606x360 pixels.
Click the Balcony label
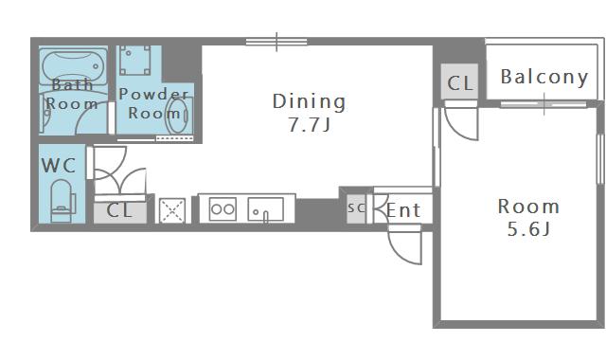tap(544, 77)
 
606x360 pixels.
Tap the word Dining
tap(310, 101)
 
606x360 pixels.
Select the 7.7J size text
tap(310, 124)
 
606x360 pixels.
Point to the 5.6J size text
tap(528, 229)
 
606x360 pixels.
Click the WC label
tap(59, 166)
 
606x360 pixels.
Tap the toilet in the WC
tap(62, 201)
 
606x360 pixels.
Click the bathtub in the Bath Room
tap(74, 66)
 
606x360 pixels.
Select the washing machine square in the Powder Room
tap(134, 60)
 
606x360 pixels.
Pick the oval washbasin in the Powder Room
tap(177, 116)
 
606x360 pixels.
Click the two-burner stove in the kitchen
tap(223, 209)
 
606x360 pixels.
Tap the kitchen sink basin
tap(265, 209)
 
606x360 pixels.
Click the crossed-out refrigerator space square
tap(172, 210)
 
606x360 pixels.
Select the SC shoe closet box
tap(356, 208)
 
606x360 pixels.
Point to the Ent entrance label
tap(403, 210)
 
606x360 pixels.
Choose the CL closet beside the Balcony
tap(459, 82)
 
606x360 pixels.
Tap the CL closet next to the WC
tap(120, 211)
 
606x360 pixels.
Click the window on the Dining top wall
tap(276, 42)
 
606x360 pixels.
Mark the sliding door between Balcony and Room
tap(544, 104)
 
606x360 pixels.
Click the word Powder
tap(153, 94)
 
